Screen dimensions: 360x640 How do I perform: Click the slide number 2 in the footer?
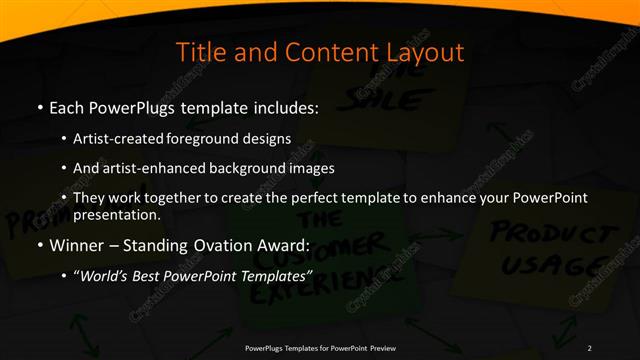point(589,347)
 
